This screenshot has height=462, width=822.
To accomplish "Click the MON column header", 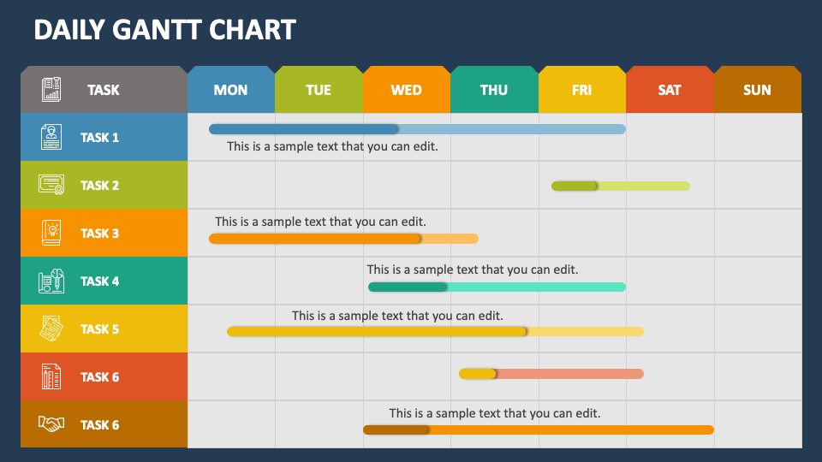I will [230, 90].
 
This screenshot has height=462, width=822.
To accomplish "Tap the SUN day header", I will [757, 90].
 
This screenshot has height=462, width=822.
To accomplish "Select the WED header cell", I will [406, 90].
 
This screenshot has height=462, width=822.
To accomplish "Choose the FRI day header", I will [581, 90].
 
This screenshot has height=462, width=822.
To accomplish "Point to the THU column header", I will [493, 90].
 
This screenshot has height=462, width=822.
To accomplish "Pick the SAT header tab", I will [670, 90].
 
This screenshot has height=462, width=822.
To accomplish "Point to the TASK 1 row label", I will [99, 138].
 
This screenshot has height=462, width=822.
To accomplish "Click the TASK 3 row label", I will [99, 234].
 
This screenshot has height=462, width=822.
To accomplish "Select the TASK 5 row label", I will [99, 329].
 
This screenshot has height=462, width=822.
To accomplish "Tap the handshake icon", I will [51, 424].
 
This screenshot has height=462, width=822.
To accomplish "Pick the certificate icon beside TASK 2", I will [51, 185].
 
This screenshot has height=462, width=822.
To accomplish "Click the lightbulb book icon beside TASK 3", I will [51, 233].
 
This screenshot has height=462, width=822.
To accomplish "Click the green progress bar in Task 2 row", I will [620, 186].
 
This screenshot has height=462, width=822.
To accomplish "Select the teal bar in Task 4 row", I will [497, 287].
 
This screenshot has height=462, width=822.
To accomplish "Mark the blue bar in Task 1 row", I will [417, 129].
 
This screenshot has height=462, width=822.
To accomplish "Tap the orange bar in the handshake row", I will [538, 429].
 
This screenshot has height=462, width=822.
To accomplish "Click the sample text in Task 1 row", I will [332, 146].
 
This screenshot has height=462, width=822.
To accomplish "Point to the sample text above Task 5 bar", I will [397, 316].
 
